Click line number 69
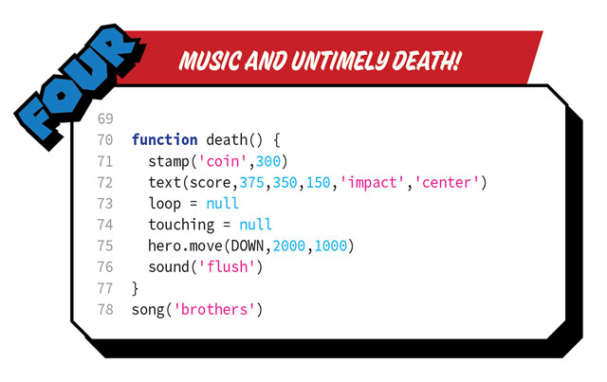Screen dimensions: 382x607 coord(105,118)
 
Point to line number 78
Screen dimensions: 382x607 coord(105,309)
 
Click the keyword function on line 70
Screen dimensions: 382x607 coord(165,139)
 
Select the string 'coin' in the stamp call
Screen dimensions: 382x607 coord(221,161)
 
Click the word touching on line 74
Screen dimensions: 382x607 coord(181,225)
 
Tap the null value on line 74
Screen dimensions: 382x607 coord(256,225)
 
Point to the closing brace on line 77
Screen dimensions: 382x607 coord(136,287)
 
